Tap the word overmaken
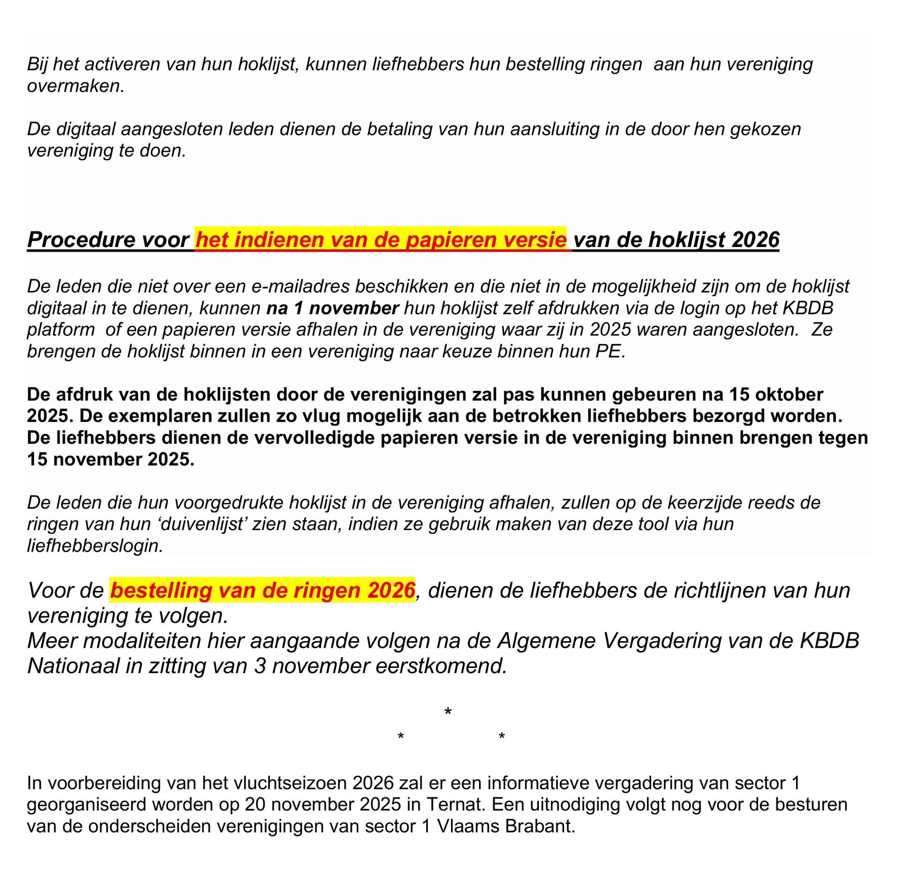coord(75,86)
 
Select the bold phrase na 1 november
coord(332,308)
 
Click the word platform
coord(60,329)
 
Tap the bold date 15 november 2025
coord(110,459)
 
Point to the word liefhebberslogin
coord(95,546)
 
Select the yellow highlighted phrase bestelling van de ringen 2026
coord(262,591)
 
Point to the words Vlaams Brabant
coord(505,826)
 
